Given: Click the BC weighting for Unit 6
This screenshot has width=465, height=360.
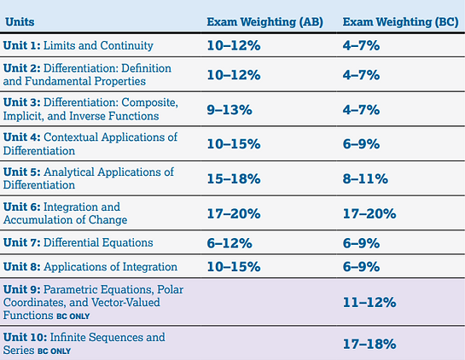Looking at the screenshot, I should pos(371,213).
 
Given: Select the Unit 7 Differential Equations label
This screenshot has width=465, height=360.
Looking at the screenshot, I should pos(78,242).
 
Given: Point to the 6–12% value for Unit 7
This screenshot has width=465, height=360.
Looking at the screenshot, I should pos(231,242).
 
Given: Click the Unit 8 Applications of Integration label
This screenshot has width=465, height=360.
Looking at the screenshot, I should pos(90,267).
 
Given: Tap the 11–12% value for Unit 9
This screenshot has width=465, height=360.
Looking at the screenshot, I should pos(369,302).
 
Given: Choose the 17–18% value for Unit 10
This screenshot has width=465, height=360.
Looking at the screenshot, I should pos(369,344).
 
